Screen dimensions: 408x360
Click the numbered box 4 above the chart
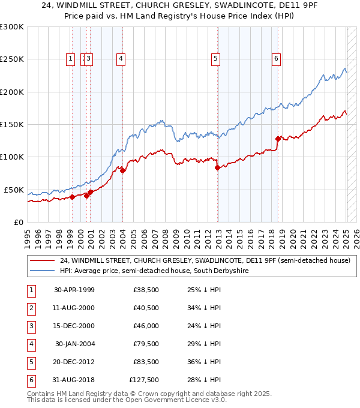(x=121, y=58)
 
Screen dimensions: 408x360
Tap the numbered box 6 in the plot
(x=276, y=58)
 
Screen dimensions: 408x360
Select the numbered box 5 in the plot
(x=215, y=58)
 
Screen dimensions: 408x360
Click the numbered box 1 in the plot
(x=71, y=58)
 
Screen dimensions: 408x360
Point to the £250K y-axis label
(x=12, y=59)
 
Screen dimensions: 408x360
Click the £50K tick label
(x=14, y=190)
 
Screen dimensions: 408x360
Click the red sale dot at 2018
(x=278, y=139)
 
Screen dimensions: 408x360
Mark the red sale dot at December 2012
(x=217, y=168)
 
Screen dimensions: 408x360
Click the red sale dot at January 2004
(x=122, y=170)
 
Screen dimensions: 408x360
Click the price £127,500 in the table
(x=143, y=379)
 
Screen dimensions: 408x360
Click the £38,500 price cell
(x=145, y=290)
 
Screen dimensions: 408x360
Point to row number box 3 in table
(x=30, y=326)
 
